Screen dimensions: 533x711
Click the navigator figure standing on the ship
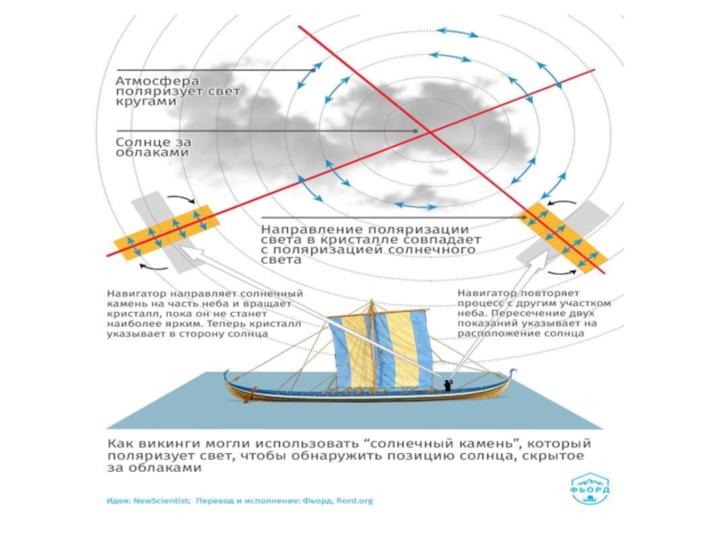tap(446, 385)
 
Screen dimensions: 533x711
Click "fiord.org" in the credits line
tap(354, 501)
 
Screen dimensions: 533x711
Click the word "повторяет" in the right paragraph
tap(550, 292)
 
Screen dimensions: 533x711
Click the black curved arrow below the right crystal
tap(559, 270)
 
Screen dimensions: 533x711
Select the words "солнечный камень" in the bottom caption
tap(416, 442)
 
